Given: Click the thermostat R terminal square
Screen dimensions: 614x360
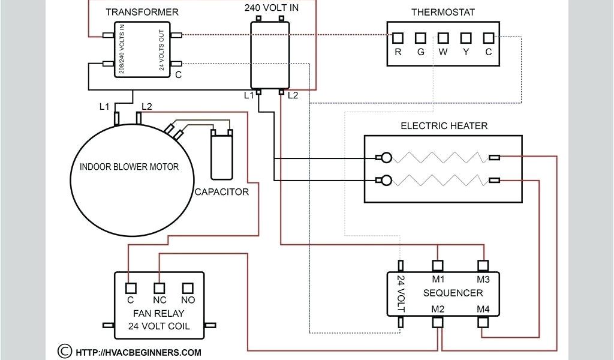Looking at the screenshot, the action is [x=398, y=38].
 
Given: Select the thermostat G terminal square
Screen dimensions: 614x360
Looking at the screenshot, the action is [x=420, y=38].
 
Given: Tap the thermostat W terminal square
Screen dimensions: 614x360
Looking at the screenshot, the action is [x=443, y=38].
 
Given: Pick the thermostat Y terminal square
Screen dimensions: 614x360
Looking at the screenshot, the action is [x=465, y=38].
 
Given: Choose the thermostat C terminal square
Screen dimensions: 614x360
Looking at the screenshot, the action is [x=488, y=38].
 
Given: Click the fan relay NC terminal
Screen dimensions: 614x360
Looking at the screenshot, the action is [x=159, y=289].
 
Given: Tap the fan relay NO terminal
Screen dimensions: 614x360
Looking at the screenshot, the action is [x=188, y=289].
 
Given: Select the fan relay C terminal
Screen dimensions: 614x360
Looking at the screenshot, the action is [x=131, y=289].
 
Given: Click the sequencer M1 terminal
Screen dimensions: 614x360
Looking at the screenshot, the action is [x=438, y=266].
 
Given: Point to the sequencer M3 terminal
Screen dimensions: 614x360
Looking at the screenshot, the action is [x=483, y=266].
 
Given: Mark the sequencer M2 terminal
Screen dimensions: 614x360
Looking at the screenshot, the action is [x=438, y=322].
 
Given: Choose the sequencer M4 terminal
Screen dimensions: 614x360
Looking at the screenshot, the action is [x=483, y=322].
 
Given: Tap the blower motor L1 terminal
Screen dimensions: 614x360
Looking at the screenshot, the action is [x=117, y=119].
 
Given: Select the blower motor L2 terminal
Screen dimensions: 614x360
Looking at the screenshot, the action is [x=139, y=118].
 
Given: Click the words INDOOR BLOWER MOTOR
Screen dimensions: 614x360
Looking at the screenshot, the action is [x=130, y=167].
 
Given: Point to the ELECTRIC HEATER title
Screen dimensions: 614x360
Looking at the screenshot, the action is [x=444, y=126].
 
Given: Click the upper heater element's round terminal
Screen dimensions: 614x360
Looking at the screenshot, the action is [x=387, y=157].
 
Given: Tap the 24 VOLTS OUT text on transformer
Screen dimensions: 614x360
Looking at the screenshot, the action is [x=161, y=50].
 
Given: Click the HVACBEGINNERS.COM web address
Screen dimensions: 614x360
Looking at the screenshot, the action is [x=139, y=353].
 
